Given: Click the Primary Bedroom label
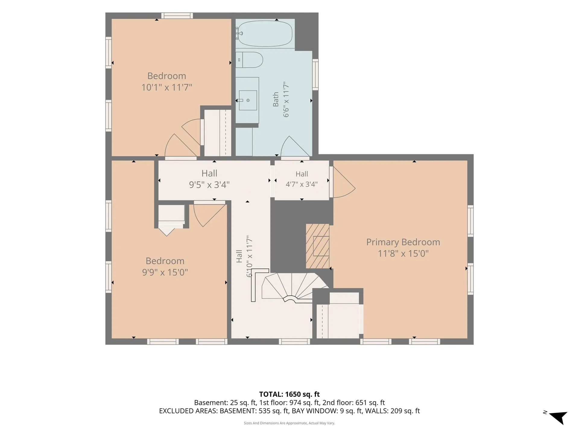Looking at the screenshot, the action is (403, 242).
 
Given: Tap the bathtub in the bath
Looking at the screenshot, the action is (264, 34).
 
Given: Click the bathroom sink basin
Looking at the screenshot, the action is (248, 100).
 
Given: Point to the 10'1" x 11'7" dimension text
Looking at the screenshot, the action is (167, 87).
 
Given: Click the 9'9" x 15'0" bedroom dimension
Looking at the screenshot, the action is (165, 272).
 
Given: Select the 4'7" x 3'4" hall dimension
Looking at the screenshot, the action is (302, 184).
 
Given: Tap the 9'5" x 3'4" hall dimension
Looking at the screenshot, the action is (209, 185).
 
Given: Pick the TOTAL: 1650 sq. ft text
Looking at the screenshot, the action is (289, 394).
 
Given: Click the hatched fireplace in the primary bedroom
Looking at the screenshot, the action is (317, 246).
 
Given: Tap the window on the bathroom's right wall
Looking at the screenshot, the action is (315, 74).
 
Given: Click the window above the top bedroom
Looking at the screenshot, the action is (177, 16).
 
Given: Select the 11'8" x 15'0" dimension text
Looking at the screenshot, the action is (403, 253).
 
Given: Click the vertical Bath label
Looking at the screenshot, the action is (276, 99).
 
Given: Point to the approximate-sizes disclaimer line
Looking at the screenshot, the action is (289, 423).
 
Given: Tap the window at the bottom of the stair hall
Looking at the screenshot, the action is (294, 341).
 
